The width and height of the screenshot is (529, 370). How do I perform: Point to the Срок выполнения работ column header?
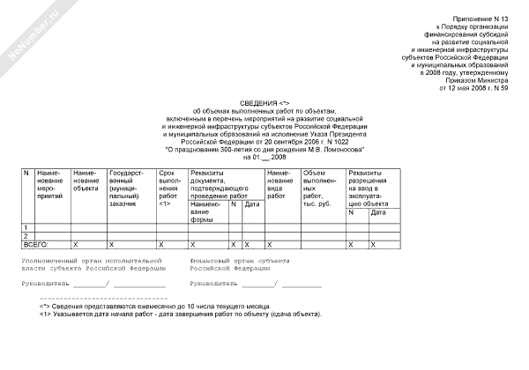click(170, 187)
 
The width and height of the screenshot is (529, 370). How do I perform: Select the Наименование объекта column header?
click(86, 181)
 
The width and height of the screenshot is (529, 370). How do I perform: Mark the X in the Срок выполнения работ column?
click(160, 243)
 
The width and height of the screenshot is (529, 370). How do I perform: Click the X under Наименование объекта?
click(76, 243)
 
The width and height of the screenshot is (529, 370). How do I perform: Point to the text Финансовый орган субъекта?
click(238, 261)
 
